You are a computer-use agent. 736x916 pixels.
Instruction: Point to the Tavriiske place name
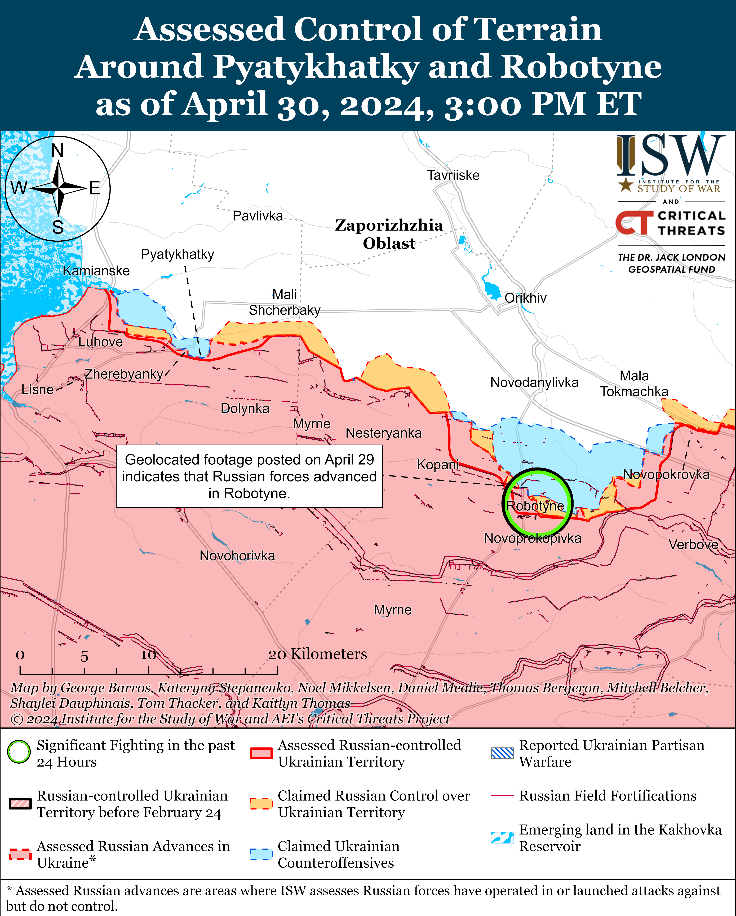[453, 175]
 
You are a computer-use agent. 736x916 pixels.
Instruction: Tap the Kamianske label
[96, 271]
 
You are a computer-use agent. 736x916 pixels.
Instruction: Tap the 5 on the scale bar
[84, 656]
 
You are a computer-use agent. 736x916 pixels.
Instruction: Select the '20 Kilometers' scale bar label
[318, 654]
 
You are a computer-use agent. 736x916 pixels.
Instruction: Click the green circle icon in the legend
[19, 752]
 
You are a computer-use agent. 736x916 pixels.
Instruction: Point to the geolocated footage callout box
[249, 476]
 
